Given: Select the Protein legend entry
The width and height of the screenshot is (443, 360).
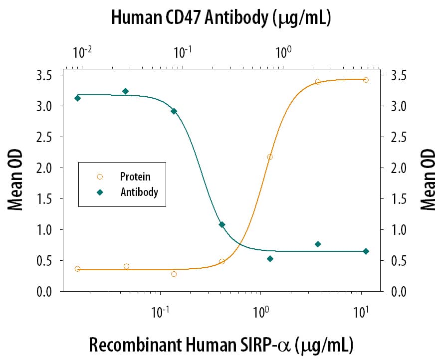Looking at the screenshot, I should tap(135, 176).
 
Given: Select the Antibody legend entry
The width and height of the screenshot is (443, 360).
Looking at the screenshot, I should tap(139, 192).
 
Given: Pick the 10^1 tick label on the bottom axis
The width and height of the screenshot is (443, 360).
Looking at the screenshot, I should tap(361, 313).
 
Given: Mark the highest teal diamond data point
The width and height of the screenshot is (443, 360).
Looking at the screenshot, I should tap(126, 91).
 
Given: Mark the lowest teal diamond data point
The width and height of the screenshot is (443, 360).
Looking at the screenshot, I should tap(270, 259).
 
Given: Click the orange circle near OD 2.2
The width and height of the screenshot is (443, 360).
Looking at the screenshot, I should tap(270, 157).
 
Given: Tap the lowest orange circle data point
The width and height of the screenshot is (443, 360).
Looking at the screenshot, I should tap(174, 274).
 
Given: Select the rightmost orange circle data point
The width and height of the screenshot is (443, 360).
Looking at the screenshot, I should tap(366, 80).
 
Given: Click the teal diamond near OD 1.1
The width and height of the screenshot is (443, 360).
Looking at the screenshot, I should tap(222, 225).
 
